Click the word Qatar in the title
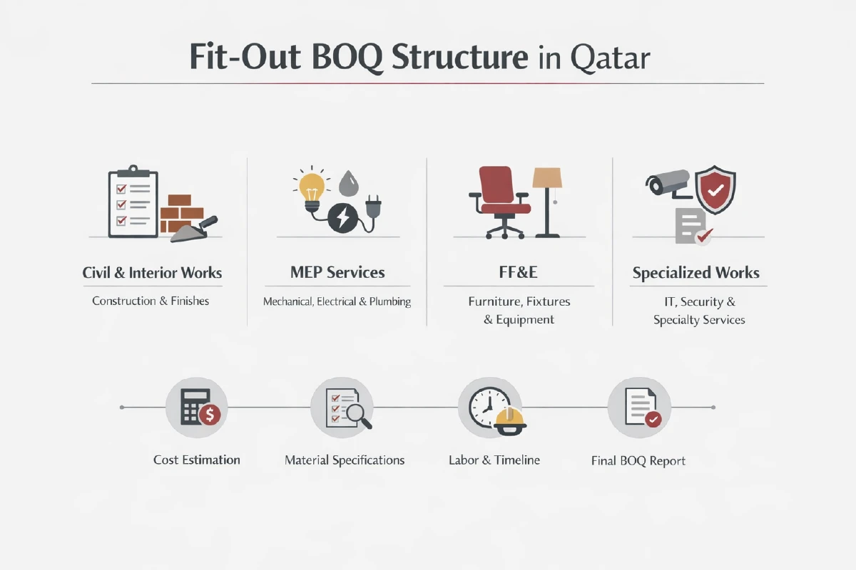coord(610,58)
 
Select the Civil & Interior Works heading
coord(152,273)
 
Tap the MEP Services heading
coord(337,272)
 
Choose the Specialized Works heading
coord(696,273)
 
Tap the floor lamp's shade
coord(547,178)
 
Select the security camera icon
coord(668,183)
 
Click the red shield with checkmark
coord(715,190)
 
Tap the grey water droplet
coord(348,184)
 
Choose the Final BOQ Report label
coord(638,461)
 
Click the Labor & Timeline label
coord(494,460)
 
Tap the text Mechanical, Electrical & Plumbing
coord(337,301)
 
